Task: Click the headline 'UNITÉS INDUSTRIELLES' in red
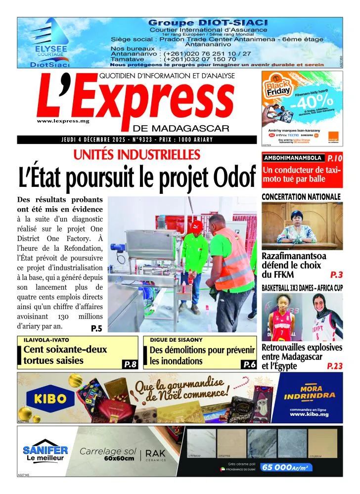tap(137, 155)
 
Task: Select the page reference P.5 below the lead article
tap(96, 328)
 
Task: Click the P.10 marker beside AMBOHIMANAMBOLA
tap(334, 159)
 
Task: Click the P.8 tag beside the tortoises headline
tap(130, 364)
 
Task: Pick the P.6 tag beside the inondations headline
tap(249, 364)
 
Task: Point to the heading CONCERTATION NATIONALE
tap(301, 197)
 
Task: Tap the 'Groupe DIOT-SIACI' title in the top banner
tap(208, 23)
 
